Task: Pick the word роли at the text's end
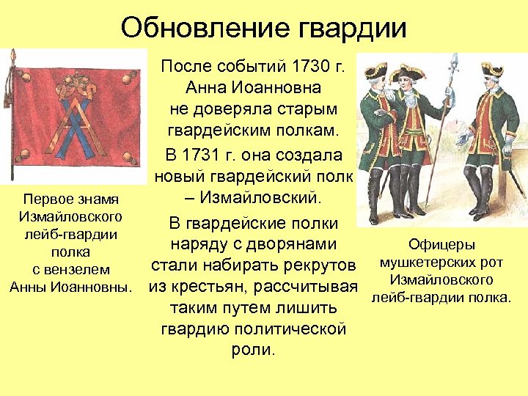(x=252, y=349)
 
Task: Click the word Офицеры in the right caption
(x=441, y=245)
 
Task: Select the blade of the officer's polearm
(x=454, y=64)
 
